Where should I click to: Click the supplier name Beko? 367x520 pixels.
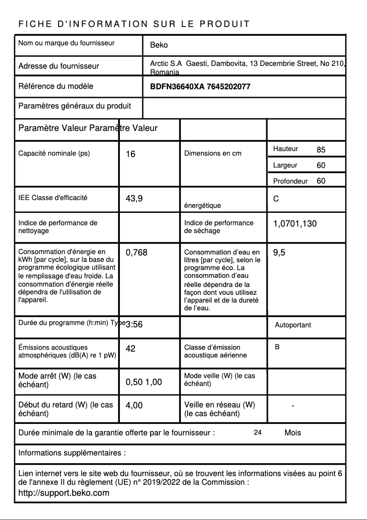tap(159, 45)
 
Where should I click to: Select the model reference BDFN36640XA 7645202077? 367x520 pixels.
tap(200, 87)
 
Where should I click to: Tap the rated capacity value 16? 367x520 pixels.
tap(130, 154)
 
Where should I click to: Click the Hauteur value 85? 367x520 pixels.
tap(321, 150)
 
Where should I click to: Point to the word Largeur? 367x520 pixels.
tap(285, 165)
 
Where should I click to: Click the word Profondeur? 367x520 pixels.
tap(290, 181)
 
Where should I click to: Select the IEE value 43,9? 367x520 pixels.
tap(134, 199)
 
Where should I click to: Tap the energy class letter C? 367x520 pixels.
tap(276, 199)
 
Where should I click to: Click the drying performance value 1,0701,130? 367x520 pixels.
tap(295, 224)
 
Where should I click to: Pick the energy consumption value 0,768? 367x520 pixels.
tap(136, 252)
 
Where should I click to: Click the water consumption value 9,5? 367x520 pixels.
tap(279, 252)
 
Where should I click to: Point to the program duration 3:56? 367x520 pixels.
tap(134, 325)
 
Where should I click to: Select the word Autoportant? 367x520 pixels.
tap(292, 325)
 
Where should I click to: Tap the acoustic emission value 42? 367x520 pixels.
tap(130, 349)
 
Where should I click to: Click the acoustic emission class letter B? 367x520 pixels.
tap(277, 347)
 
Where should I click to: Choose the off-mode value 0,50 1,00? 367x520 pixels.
tap(144, 382)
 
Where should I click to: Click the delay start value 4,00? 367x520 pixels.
tap(134, 405)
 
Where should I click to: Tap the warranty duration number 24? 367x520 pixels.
tap(258, 433)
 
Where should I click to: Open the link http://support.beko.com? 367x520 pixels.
tap(64, 493)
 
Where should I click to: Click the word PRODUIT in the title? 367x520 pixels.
tap(225, 24)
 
